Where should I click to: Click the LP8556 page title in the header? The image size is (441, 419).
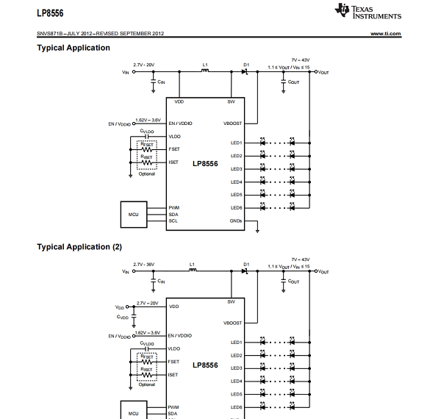(51, 12)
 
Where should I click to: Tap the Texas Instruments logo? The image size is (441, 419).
(368, 11)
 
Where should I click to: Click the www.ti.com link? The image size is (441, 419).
(386, 34)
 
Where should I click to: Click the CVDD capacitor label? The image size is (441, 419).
(123, 318)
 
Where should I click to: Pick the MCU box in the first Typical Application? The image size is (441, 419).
(134, 214)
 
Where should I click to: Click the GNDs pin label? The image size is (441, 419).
(236, 221)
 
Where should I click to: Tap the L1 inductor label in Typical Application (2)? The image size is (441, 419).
(192, 264)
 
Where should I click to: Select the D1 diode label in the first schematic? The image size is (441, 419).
(246, 65)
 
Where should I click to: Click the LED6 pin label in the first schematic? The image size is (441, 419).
(237, 208)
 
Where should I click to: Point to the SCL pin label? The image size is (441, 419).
(173, 221)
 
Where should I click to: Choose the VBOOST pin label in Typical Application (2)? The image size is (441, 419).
(232, 323)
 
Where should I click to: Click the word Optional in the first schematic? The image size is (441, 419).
(147, 174)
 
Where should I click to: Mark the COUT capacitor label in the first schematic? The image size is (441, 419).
(293, 82)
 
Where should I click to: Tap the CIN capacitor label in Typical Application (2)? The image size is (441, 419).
(161, 282)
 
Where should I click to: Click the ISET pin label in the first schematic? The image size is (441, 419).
(173, 162)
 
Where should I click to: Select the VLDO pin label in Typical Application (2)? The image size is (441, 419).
(174, 348)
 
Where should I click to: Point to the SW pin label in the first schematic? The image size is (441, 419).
(232, 101)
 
